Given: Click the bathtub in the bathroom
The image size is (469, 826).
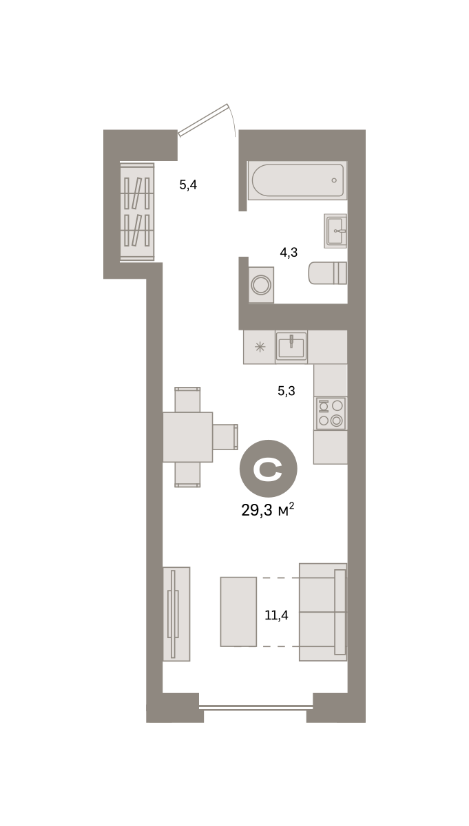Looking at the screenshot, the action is point(297,180).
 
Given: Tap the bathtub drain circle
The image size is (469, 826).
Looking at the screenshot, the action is point(334,180).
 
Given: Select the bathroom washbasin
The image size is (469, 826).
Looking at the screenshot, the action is point(335,231).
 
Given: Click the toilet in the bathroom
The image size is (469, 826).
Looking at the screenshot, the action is point(328,273).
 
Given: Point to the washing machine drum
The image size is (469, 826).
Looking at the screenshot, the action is point(261,285).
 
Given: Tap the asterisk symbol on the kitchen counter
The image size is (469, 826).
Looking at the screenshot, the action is point(260,347).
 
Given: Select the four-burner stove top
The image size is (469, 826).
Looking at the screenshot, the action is point(331,414).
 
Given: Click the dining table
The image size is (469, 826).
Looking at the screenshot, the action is point(188,437).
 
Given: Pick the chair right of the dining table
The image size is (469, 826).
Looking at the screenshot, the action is point(225,437).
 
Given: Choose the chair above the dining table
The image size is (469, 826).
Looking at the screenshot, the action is point(187,399).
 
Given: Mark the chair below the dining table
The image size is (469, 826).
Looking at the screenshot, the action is point(187,474).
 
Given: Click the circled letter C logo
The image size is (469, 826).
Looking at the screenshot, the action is point(269,469).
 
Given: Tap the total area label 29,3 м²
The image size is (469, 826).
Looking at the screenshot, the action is point(267,510).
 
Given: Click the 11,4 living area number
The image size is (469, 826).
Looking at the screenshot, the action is point(276,615).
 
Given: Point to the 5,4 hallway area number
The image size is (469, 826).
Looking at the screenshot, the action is point(188,184).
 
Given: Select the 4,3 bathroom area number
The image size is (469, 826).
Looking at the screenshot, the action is point(289,253).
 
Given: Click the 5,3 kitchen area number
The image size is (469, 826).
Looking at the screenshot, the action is point(286,391).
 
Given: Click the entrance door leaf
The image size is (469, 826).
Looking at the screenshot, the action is point(203,120).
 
